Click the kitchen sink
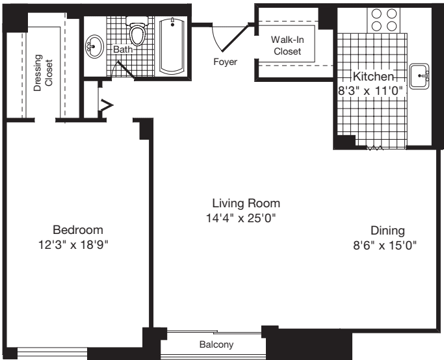[421, 77]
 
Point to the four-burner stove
[384, 20]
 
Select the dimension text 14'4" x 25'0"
[242, 218]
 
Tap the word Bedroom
[78, 229]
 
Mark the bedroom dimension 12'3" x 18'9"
[78, 245]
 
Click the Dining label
[387, 230]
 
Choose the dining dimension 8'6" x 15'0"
[384, 245]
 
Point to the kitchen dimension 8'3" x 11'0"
[371, 92]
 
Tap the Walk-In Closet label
[287, 45]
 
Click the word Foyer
[225, 62]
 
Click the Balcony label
[216, 344]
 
